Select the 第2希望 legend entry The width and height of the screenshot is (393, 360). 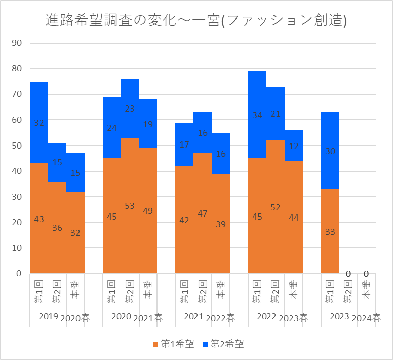(223, 344)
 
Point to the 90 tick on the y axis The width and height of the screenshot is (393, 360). (16, 43)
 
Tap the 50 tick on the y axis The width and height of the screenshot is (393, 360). (16, 146)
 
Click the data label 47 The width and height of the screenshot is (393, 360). (203, 213)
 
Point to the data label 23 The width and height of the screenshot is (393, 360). (130, 109)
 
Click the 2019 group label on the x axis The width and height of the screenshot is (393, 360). (48, 317)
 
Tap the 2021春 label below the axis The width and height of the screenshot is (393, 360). (148, 318)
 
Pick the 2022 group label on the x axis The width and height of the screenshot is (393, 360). (266, 317)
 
